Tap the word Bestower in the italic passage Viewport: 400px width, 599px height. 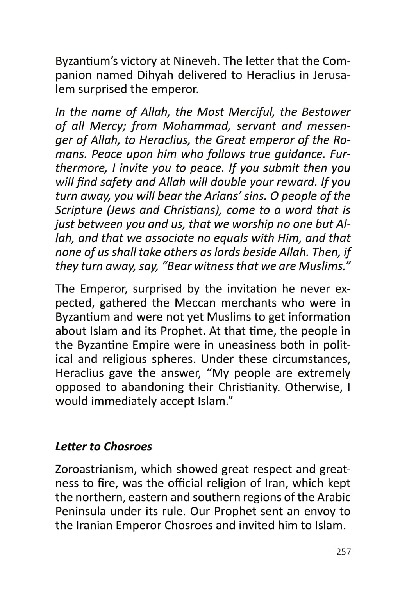click(x=326, y=112)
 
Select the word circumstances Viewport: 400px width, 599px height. click(x=305, y=359)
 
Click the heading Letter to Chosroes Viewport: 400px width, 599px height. click(x=104, y=447)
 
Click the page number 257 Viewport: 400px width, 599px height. click(x=343, y=552)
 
